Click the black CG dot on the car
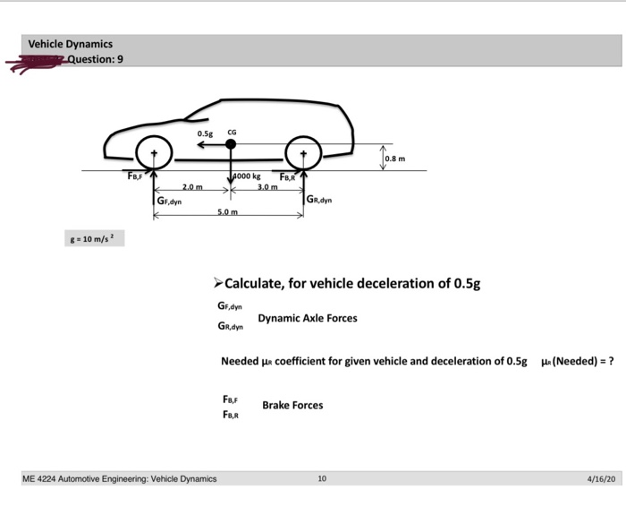[231, 143]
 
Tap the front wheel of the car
[154, 153]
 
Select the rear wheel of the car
[304, 153]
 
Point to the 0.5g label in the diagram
[206, 133]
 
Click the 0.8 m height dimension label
[395, 159]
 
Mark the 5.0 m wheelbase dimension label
[228, 211]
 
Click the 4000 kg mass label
[247, 176]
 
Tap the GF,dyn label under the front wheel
[170, 202]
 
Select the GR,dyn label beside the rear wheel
[319, 201]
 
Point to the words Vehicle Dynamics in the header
[70, 44]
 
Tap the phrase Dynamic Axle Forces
[307, 318]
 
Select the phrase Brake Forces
[292, 405]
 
